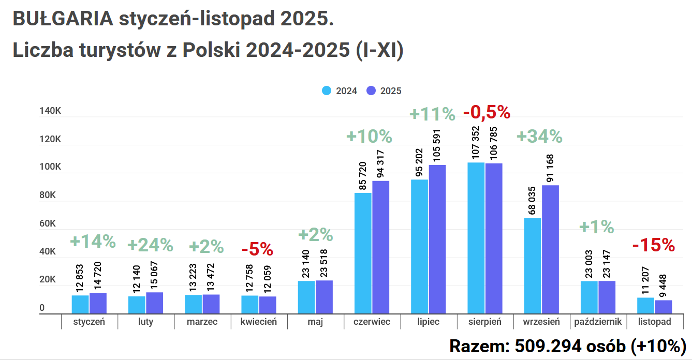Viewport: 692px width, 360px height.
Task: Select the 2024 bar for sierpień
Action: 476,238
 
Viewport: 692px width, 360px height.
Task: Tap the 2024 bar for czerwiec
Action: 363,253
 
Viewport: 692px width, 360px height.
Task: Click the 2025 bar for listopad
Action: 664,307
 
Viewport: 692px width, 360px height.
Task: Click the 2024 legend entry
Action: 340,91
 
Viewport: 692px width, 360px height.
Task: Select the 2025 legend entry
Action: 384,91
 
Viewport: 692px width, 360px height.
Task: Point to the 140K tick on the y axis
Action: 50,112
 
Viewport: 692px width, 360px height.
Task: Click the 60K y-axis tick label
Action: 50,224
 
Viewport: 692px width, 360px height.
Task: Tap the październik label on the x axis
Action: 598,322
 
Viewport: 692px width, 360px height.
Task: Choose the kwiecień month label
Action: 259,322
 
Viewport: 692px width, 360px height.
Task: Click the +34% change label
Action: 539,137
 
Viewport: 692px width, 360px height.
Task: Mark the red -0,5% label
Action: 487,112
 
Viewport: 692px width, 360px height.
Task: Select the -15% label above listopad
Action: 654,245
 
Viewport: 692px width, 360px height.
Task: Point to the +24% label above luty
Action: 150,245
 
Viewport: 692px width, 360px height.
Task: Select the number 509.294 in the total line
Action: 544,346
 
